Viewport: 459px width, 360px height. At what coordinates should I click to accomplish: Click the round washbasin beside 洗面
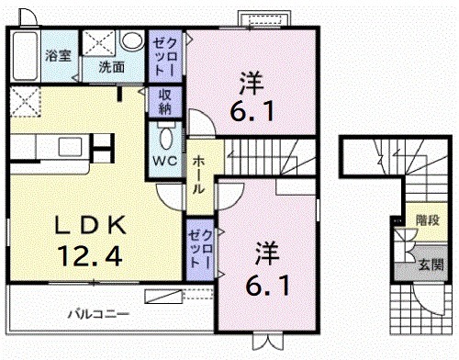coord(132,41)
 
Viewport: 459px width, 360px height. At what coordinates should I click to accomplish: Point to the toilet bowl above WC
coord(166,137)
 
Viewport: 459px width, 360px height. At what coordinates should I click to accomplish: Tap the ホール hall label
coord(199,173)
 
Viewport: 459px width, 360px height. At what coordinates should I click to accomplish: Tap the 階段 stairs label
coord(427,220)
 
